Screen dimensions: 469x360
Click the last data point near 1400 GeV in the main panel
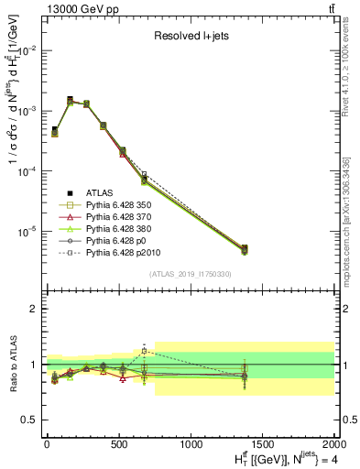point(244,248)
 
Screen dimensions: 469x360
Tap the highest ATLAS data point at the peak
point(70,99)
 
